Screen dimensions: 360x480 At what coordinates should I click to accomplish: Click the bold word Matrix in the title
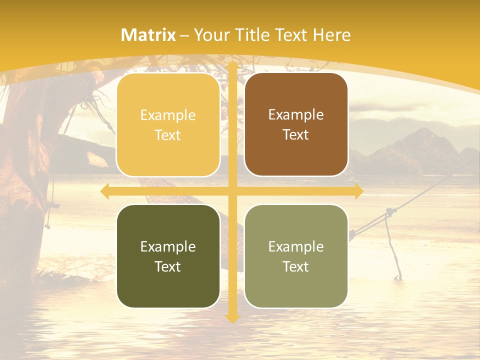[148, 35]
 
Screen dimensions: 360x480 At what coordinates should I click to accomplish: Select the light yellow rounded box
[168, 125]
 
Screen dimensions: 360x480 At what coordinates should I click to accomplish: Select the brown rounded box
[296, 124]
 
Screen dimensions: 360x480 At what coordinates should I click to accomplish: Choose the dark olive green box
[168, 256]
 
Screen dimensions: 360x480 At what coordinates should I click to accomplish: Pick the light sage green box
[296, 256]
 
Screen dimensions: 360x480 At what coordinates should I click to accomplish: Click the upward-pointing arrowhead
[232, 67]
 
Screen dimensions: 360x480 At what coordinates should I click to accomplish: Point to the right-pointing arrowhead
[359, 191]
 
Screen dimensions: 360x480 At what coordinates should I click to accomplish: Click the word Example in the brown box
[296, 115]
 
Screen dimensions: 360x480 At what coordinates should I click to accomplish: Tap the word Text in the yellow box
[168, 135]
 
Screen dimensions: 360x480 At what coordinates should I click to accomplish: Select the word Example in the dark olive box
[168, 246]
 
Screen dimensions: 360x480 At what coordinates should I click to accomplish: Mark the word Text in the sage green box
[296, 266]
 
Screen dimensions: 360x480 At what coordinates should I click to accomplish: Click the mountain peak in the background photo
[425, 131]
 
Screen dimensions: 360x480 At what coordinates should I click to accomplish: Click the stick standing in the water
[392, 250]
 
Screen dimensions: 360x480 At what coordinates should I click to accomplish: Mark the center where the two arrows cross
[232, 191]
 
